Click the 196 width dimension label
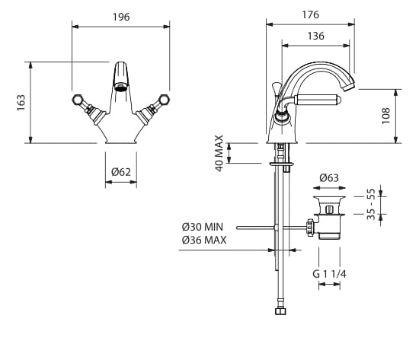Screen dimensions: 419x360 point(121,17)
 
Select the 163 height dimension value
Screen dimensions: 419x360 point(21,103)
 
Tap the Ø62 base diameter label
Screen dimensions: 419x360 point(121,172)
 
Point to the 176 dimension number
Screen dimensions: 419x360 point(311,14)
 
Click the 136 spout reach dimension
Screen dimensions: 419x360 point(316,36)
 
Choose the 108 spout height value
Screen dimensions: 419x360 point(386,116)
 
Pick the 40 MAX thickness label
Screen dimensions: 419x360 point(219,153)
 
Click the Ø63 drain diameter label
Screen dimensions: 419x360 point(329,177)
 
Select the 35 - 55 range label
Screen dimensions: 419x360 point(371,204)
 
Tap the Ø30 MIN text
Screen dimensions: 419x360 point(203,227)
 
